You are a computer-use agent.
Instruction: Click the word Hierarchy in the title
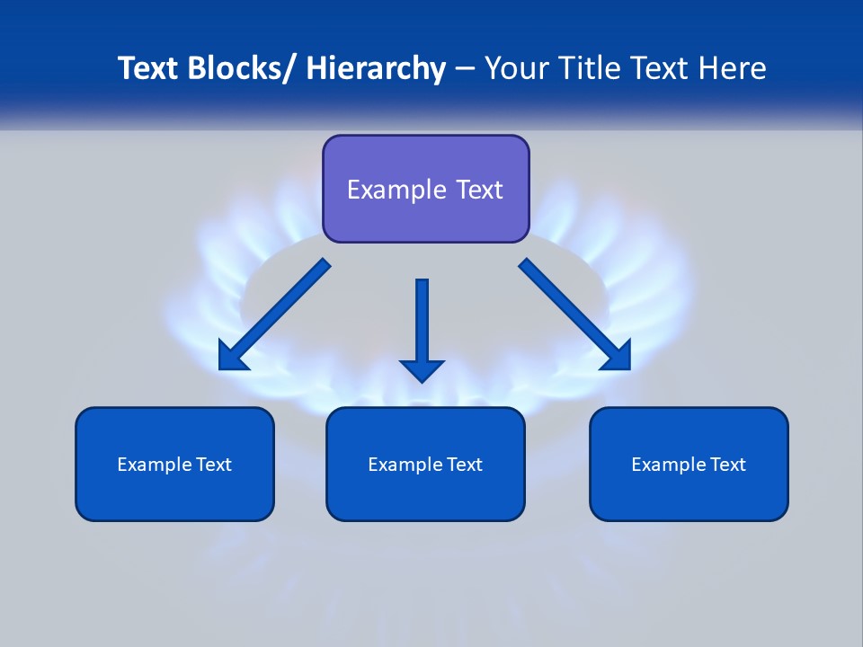click(x=376, y=68)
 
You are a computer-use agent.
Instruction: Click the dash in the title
click(x=465, y=69)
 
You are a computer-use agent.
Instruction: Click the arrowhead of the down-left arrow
click(x=231, y=357)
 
